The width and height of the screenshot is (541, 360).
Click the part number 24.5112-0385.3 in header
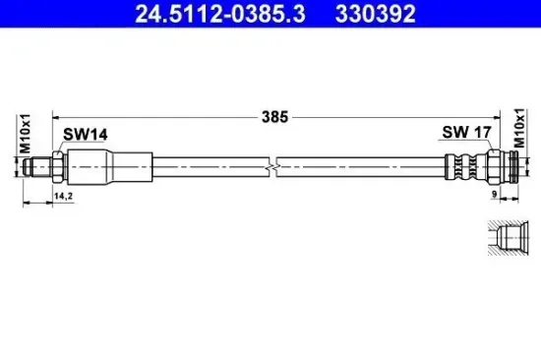pos(219,14)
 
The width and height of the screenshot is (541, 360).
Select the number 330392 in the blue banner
pos(375,14)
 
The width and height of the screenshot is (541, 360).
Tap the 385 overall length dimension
pos(274,117)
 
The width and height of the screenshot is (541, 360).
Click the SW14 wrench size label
pos(85,135)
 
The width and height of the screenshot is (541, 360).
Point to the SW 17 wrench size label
pos(466,132)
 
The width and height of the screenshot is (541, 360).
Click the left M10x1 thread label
pos(26,134)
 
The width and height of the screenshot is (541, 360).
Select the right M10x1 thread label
pos(519,128)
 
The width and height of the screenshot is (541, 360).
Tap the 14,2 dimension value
pos(63,197)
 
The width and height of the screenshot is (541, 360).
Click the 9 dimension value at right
pos(494,195)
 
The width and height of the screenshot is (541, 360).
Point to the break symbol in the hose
pos(272,167)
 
